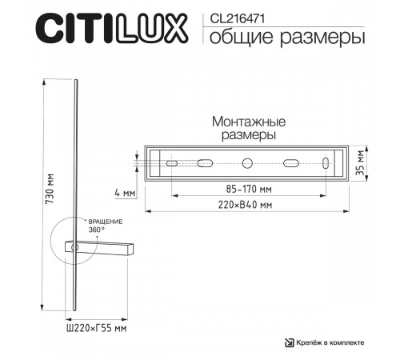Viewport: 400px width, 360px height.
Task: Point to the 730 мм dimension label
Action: click(x=50, y=192)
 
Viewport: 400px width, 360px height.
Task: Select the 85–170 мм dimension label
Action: click(x=247, y=190)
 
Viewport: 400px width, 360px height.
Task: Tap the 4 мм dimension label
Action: click(x=126, y=193)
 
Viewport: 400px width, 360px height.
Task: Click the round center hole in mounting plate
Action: click(x=247, y=163)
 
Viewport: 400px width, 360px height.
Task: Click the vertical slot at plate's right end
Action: click(x=325, y=163)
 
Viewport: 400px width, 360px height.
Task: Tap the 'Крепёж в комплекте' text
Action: click(x=332, y=342)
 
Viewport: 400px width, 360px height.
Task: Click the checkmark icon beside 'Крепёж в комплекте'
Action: click(x=290, y=342)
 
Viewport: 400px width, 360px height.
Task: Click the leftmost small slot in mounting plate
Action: click(x=170, y=163)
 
